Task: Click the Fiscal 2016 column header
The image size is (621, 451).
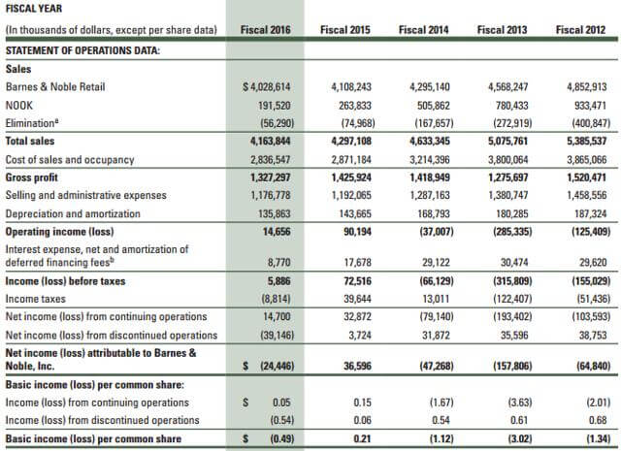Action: point(265,30)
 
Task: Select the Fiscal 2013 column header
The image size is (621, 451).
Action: point(502,30)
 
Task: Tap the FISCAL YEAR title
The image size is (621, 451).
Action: point(34,9)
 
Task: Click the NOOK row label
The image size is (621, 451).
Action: point(19,106)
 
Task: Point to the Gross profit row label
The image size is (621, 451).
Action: point(32,177)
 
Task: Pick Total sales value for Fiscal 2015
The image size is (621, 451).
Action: point(351,142)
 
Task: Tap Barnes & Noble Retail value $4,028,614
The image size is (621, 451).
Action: point(267,87)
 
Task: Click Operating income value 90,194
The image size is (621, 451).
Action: point(358,232)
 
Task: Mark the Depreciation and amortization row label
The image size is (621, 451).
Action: point(73,213)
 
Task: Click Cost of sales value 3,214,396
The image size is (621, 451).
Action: point(430,160)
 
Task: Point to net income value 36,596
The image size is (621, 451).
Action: point(358,366)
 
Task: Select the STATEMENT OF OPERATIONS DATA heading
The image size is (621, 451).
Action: point(82,50)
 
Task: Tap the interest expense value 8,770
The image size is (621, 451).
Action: point(278,263)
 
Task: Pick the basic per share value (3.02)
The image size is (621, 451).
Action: point(520,439)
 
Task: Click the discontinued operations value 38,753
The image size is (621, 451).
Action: point(592,336)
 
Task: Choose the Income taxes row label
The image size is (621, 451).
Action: point(36,299)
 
